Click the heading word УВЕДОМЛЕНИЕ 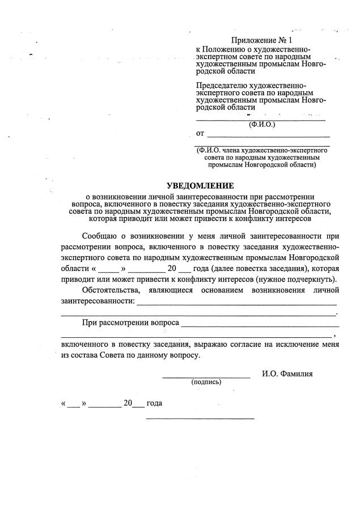click(200, 185)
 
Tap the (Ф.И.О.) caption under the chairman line click(261, 124)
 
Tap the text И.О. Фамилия click(287, 374)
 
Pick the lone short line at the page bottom click(200, 418)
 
